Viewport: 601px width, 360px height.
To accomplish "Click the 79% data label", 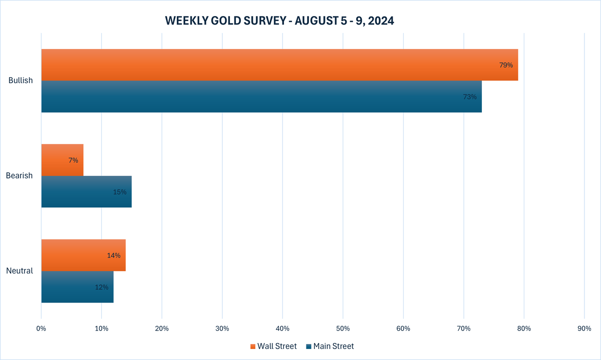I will [x=506, y=65].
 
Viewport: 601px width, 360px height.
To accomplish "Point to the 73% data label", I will [x=470, y=97].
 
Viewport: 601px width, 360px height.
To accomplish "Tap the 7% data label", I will [x=73, y=160].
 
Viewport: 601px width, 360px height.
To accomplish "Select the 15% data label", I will [x=120, y=192].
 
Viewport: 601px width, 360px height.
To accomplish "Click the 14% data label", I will [x=114, y=255].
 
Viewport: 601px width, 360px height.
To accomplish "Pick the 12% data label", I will [x=102, y=287].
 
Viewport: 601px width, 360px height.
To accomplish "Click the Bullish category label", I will [x=21, y=81].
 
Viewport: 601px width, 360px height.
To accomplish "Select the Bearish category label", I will [x=20, y=176].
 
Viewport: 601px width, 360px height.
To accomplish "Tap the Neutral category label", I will [x=20, y=271].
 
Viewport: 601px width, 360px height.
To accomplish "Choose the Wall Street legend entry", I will [x=273, y=346].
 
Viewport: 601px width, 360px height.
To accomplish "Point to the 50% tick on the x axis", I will [x=343, y=328].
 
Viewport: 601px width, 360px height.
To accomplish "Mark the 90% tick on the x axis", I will [x=584, y=328].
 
